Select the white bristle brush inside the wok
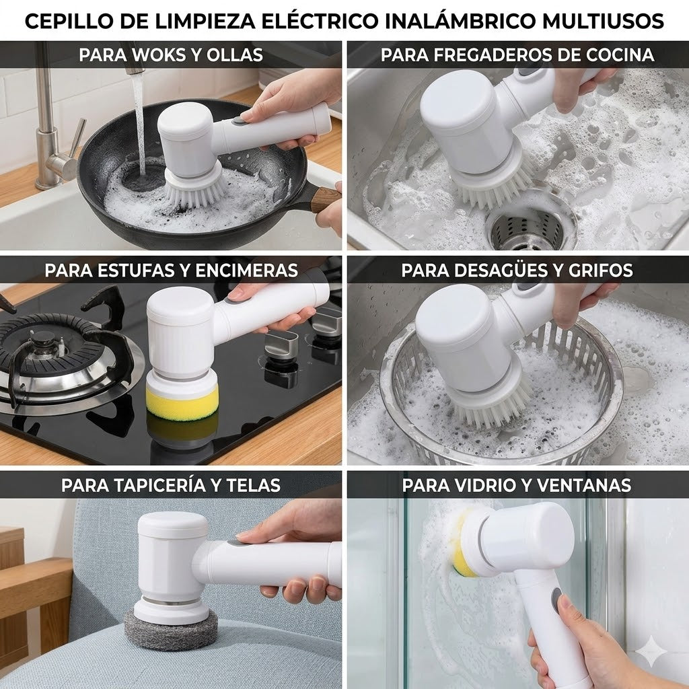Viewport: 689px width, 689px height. (194, 188)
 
